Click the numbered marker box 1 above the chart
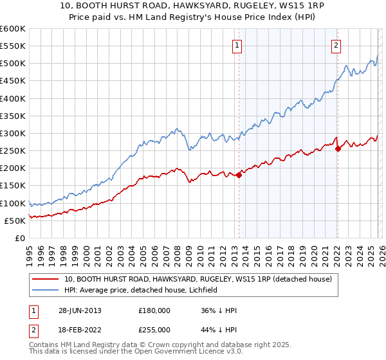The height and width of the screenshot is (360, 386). tap(238, 45)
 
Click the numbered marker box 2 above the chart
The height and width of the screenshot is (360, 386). tap(336, 45)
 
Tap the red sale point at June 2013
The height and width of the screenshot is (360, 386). tap(239, 175)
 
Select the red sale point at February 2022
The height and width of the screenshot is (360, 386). tap(338, 148)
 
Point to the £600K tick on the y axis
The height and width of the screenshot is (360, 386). tap(13, 29)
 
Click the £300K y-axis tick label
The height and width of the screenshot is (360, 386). tap(13, 134)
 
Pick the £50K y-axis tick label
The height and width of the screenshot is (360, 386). tap(15, 221)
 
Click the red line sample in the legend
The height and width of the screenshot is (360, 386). tap(46, 280)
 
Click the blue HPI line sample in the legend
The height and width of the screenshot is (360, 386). tap(46, 291)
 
